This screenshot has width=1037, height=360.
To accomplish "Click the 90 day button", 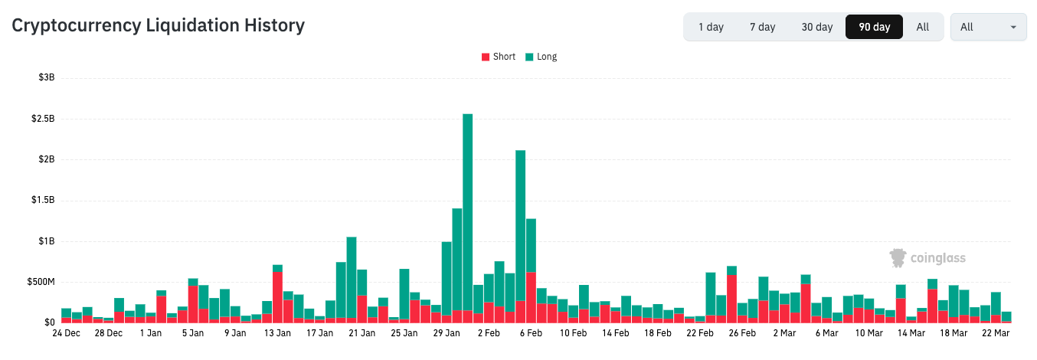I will coord(874,27).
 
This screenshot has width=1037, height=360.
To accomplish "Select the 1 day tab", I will coord(711,27).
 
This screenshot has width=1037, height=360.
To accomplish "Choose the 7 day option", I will coord(762,27).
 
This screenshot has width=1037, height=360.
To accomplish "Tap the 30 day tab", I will coord(817,27).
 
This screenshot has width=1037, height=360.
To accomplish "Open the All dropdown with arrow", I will coord(988,27).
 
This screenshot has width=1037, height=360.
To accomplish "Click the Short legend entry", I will coord(498,57).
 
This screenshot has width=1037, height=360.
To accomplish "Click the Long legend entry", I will coord(541,57).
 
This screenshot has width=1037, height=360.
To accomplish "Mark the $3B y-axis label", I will coord(46,78).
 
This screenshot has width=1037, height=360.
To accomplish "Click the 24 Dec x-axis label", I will coord(66,333).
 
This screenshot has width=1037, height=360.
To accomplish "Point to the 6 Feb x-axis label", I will coord(530,333).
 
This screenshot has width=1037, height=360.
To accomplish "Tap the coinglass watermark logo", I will coord(927,258).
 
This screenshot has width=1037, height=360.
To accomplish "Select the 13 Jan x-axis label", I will coord(277,333).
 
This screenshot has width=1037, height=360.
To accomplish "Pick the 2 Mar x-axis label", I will coord(784,333).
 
